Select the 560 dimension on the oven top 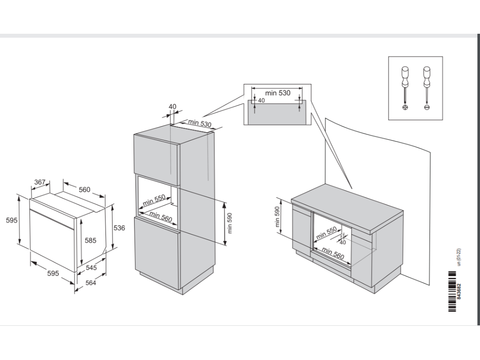pyautogui.click(x=84, y=189)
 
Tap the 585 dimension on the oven pyautogui.click(x=90, y=240)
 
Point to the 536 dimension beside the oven pyautogui.click(x=120, y=228)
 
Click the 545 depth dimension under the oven pyautogui.click(x=92, y=268)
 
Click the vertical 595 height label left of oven pyautogui.click(x=11, y=220)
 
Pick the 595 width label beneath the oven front pyautogui.click(x=53, y=273)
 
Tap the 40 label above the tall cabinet pyautogui.click(x=172, y=106)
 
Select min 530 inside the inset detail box pyautogui.click(x=278, y=93)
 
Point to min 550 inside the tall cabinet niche pyautogui.click(x=155, y=201)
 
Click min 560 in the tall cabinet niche pyautogui.click(x=161, y=217)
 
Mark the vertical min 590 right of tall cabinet pyautogui.click(x=230, y=224)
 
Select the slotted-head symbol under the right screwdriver pyautogui.click(x=427, y=107)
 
